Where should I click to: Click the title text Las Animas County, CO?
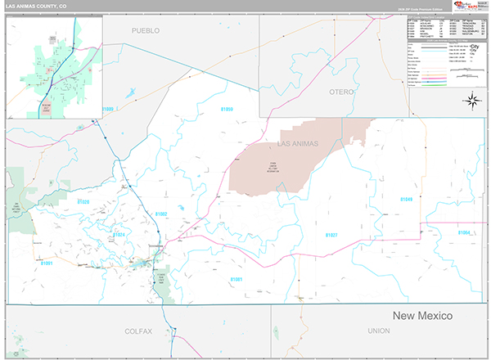37,5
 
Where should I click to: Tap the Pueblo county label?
146,30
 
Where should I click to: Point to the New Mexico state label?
421,316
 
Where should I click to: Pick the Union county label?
379,331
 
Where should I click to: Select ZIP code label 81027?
331,235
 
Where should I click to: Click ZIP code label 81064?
464,232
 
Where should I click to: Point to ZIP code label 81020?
83,201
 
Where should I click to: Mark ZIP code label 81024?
119,234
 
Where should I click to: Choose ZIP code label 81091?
47,263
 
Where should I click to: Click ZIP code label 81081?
236,279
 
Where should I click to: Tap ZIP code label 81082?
160,214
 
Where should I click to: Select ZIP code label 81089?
108,109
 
